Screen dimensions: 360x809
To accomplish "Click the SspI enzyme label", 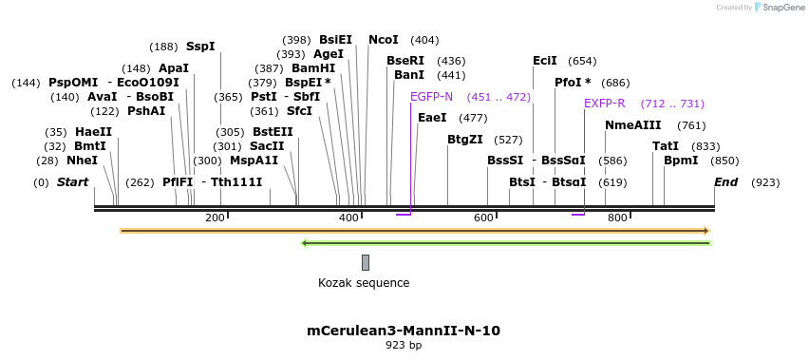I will [x=200, y=47].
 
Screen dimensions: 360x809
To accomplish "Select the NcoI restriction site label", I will [x=384, y=40].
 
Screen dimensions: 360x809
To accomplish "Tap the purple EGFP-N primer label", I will [x=431, y=97].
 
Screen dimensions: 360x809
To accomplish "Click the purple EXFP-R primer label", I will [x=604, y=104].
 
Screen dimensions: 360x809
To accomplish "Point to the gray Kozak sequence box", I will [x=366, y=262].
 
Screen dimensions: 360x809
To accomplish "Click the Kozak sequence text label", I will [x=364, y=283].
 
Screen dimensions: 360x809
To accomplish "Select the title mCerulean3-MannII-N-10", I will [x=404, y=331].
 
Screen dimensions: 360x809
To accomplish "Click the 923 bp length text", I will [x=404, y=346].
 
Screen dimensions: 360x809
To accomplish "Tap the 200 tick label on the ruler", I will [x=215, y=218].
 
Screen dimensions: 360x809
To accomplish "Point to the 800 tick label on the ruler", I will [x=617, y=218].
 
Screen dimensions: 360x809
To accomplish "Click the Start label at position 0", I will [x=72, y=182].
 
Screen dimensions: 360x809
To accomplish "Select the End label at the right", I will [x=725, y=182].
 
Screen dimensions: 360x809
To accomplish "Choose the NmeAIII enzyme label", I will [x=632, y=125].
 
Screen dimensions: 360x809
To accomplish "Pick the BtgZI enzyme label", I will [x=465, y=140].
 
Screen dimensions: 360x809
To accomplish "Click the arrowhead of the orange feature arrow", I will [x=706, y=231].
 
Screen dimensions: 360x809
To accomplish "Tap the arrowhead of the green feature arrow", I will [x=304, y=243].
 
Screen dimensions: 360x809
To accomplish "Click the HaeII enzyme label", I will [x=93, y=132].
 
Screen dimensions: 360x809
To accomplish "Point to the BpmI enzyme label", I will [x=681, y=161].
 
